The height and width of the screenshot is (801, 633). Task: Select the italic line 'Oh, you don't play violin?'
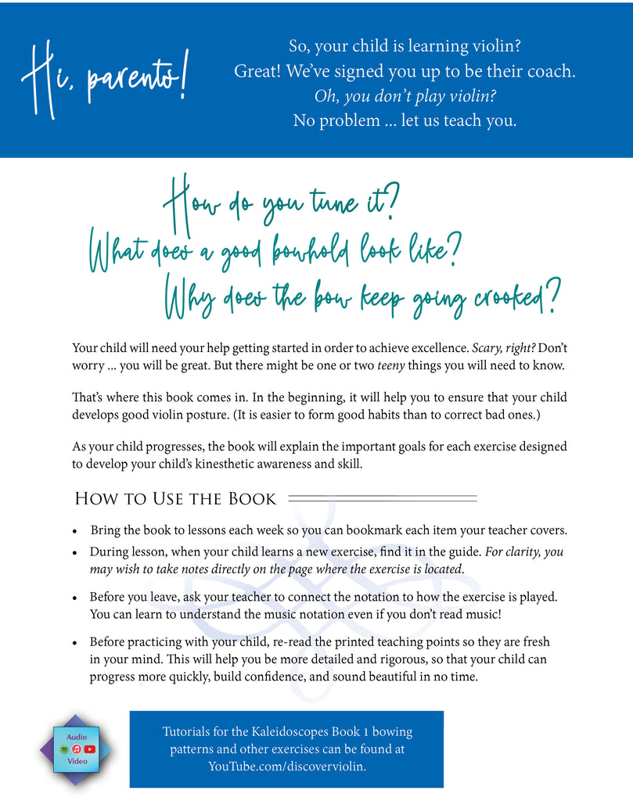pos(405,96)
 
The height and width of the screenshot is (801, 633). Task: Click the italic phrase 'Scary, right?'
pos(509,347)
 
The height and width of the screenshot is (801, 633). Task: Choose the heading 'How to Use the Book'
pos(175,498)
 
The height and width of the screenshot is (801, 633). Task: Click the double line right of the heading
pos(383,498)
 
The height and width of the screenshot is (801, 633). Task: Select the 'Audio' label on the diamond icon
pos(77,737)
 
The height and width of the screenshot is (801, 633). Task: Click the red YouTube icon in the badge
pos(90,749)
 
